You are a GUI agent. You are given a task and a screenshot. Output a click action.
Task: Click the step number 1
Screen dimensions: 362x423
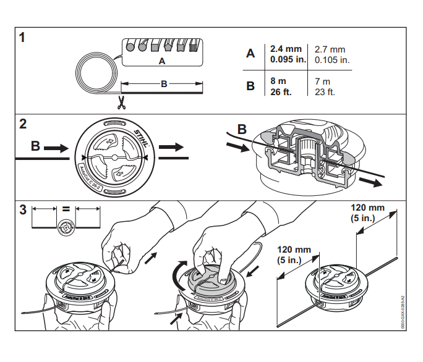(22, 38)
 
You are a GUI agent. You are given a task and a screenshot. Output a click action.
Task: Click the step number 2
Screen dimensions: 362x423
(22, 124)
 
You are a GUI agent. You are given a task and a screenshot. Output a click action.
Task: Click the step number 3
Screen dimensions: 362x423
(22, 209)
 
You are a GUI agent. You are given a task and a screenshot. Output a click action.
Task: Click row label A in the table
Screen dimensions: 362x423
(250, 54)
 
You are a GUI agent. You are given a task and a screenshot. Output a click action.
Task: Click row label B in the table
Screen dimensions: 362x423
(250, 86)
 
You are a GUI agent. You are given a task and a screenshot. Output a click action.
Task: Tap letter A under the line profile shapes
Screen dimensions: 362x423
(162, 62)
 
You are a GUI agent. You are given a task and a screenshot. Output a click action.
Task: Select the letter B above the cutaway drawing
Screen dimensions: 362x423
(242, 130)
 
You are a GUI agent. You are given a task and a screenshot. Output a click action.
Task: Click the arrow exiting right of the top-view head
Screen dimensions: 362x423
(171, 148)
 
